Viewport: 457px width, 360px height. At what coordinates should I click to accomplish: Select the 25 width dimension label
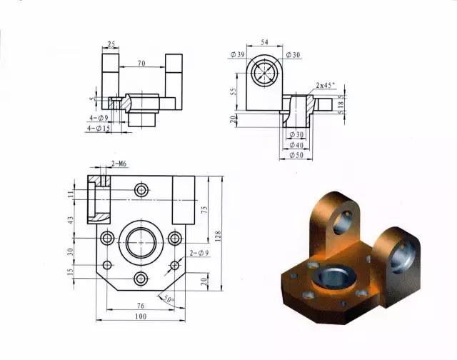[111, 45]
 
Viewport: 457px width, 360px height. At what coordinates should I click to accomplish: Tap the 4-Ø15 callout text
[97, 129]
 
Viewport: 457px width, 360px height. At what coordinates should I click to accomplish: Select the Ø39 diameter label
[238, 55]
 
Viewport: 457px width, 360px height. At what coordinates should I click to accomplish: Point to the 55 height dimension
[233, 92]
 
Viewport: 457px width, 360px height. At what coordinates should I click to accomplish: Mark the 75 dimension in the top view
[204, 209]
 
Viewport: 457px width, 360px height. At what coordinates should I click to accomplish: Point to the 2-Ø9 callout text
[199, 253]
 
